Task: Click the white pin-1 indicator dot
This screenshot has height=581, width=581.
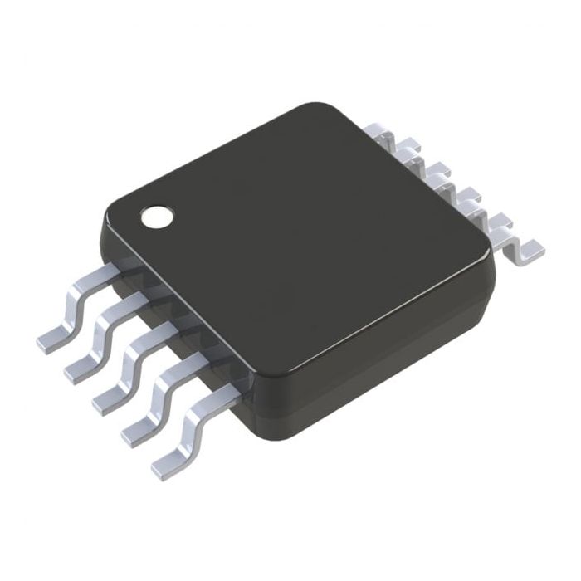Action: coord(158,217)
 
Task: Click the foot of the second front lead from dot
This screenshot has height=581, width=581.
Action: coord(79,370)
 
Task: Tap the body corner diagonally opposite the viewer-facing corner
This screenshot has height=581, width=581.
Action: coord(328,112)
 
